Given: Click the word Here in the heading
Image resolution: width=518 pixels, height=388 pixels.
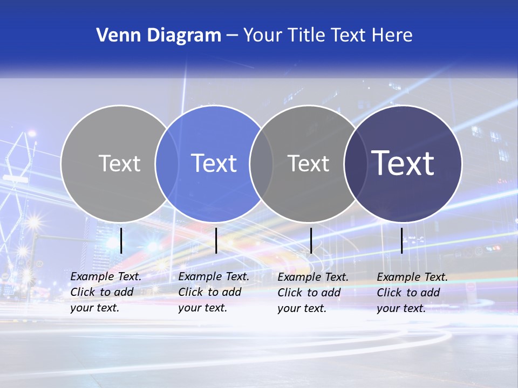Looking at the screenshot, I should (x=392, y=35).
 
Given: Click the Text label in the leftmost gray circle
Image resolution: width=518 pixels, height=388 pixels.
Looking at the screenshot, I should (x=119, y=163).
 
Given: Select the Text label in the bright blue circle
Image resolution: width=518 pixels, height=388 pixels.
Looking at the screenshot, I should (x=214, y=163).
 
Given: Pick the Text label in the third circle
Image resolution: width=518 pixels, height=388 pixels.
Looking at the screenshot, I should (x=308, y=163).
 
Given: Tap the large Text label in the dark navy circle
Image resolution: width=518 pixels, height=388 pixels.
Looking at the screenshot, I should (x=403, y=163).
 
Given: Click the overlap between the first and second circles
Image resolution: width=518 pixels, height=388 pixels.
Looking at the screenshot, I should (x=167, y=163).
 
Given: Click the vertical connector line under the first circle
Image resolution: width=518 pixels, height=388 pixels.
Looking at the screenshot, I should (x=121, y=240).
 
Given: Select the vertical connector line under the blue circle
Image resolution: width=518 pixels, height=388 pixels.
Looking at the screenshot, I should (x=216, y=240).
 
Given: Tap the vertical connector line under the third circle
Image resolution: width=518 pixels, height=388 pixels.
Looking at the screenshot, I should (x=311, y=240).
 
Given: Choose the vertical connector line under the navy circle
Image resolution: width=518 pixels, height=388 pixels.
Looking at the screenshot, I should (x=401, y=240).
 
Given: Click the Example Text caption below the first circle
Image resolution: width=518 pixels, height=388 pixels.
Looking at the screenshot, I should (x=105, y=292).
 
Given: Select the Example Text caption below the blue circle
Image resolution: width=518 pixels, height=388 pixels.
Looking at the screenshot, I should (x=213, y=292).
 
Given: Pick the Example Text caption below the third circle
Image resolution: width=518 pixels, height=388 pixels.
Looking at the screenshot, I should (x=312, y=293).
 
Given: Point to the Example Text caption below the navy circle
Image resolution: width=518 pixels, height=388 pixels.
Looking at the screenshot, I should (x=412, y=293).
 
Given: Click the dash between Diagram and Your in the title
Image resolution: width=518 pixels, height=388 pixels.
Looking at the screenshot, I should (x=232, y=36).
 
